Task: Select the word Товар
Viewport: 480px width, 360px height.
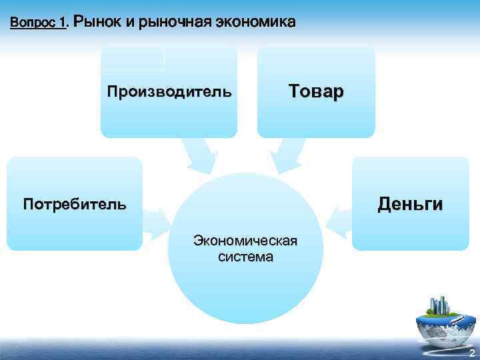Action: coord(316,91)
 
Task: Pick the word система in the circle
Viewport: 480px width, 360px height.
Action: coord(245,256)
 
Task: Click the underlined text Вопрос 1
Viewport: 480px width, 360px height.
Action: coord(38,23)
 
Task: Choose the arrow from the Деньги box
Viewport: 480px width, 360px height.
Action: coord(338,223)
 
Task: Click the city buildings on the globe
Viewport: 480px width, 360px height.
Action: coord(440,306)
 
